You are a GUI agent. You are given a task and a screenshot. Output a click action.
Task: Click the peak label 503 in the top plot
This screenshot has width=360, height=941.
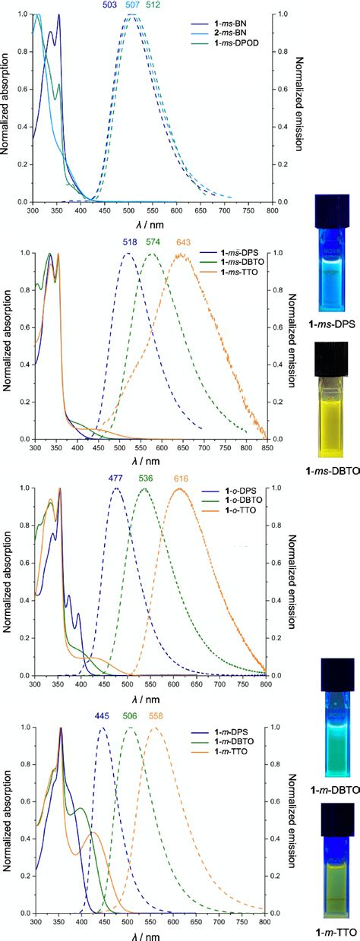pyautogui.click(x=112, y=5)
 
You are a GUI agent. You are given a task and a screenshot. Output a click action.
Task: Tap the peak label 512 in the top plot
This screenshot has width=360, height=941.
pyautogui.click(x=153, y=5)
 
